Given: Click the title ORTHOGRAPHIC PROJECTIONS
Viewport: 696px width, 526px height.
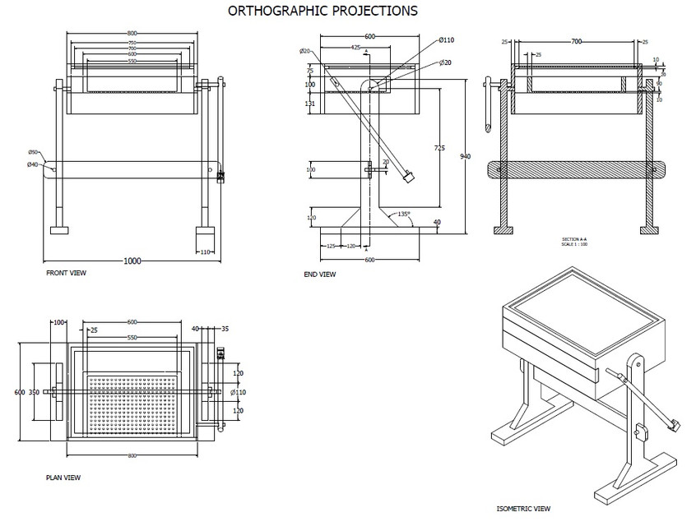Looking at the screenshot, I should click(x=322, y=11).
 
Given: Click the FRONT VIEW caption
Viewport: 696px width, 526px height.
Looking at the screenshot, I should click(x=67, y=272).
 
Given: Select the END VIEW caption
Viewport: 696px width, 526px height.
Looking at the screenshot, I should click(x=319, y=275).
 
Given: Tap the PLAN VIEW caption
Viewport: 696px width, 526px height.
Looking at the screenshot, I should click(x=63, y=477).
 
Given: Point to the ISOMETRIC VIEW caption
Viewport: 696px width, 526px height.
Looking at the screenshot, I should click(x=523, y=509).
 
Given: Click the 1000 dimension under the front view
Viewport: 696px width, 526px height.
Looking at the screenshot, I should click(x=132, y=261).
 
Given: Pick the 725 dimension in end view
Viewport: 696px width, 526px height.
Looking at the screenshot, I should click(x=439, y=147).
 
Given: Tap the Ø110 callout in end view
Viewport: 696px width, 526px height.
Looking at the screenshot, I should click(x=447, y=40).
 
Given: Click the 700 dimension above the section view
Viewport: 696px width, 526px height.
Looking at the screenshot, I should click(x=576, y=40).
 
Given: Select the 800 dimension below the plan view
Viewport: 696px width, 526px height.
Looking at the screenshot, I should click(x=132, y=455).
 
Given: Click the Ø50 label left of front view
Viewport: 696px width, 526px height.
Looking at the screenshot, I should click(x=33, y=152).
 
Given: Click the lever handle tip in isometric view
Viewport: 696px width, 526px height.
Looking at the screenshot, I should click(x=674, y=425).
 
